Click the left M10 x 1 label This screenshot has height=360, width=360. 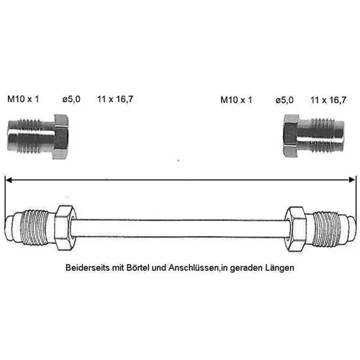23,99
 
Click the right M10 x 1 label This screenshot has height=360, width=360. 236,100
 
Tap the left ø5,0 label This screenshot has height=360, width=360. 71,99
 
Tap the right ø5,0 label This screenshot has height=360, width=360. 284,100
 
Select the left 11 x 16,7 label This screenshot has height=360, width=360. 115,99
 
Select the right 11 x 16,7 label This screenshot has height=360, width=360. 328,100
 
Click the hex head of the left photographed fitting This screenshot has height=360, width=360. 60,136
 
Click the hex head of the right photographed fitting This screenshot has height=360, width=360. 291,136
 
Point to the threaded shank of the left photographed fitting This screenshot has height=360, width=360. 31,136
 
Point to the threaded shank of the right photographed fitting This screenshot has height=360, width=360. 321,135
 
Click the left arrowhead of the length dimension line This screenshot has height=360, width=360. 9,179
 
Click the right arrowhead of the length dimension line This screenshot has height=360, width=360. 352,179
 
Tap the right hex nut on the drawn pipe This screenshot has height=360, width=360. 296,228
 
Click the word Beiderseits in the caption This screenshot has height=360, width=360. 88,268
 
